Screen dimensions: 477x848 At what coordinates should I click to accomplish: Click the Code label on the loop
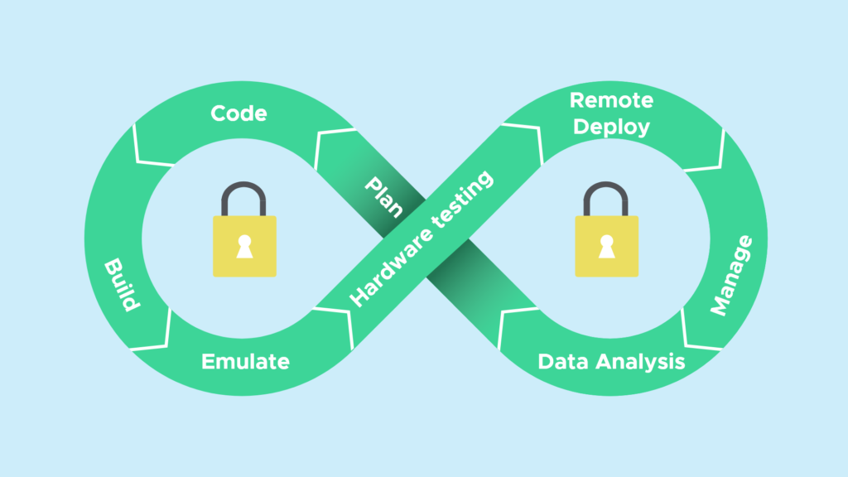point(238,113)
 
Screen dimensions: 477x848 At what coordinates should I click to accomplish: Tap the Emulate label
point(245,362)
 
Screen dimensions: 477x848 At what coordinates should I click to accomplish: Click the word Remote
point(611,101)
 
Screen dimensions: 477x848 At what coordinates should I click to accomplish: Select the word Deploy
point(611,127)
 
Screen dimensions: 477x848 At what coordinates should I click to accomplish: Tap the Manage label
point(731,275)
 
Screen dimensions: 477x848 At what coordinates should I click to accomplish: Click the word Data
point(561,362)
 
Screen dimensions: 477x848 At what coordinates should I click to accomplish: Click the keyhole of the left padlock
point(244,247)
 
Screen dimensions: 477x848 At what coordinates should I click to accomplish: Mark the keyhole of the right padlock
point(607,247)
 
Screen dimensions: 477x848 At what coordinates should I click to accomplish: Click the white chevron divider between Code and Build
point(144,147)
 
